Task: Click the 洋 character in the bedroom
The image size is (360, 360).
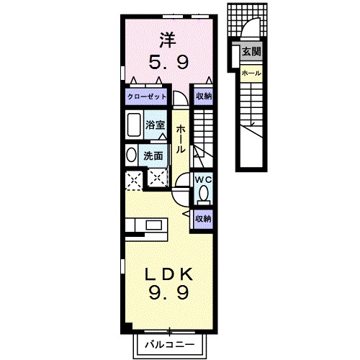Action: pyautogui.click(x=168, y=39)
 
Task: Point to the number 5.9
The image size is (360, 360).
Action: pyautogui.click(x=168, y=63)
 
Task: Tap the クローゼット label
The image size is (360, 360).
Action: pyautogui.click(x=147, y=96)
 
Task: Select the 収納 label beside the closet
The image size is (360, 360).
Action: pyautogui.click(x=204, y=96)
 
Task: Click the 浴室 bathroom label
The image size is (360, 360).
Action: pyautogui.click(x=156, y=125)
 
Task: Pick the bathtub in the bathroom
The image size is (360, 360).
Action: pyautogui.click(x=133, y=125)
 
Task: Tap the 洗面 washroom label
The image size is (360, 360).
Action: pyautogui.click(x=152, y=154)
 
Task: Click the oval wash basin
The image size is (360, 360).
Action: pyautogui.click(x=131, y=154)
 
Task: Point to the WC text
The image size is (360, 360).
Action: pyautogui.click(x=203, y=179)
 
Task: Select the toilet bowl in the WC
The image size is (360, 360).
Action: pyautogui.click(x=204, y=193)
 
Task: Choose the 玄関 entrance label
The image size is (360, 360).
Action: pyautogui.click(x=251, y=52)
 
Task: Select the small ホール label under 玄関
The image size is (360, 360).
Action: pyautogui.click(x=251, y=73)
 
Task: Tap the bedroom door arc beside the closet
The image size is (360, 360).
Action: pyautogui.click(x=179, y=98)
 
